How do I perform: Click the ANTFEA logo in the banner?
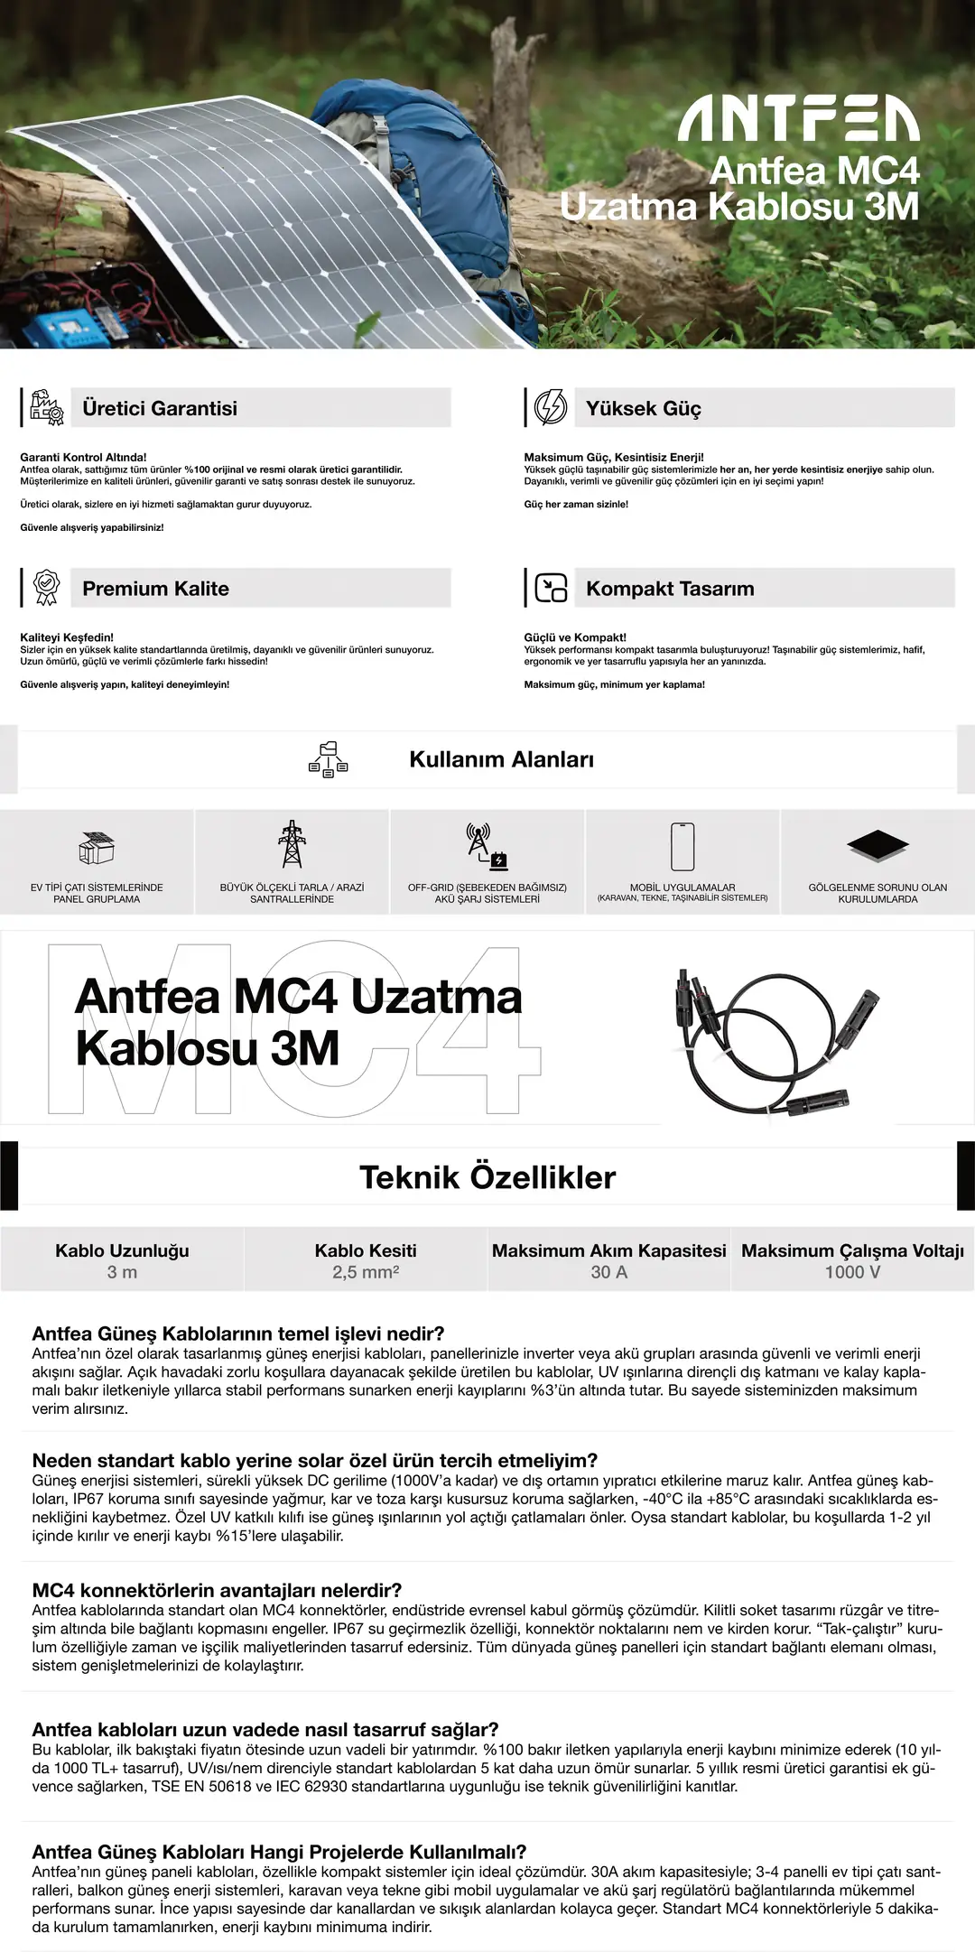(x=798, y=119)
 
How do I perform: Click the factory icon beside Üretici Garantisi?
(x=47, y=407)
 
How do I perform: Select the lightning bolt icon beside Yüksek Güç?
(x=551, y=407)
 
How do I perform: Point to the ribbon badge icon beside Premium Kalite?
(x=47, y=588)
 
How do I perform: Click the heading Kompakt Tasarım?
(x=670, y=589)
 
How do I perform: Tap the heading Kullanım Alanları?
(x=501, y=759)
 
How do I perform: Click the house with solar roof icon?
(x=97, y=847)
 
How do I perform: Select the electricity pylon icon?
(x=292, y=844)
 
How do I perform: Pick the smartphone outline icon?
(x=682, y=846)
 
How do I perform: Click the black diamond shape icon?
(x=877, y=845)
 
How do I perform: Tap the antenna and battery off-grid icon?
(x=487, y=846)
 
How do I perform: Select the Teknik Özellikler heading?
(x=487, y=1177)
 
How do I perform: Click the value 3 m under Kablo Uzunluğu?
(x=122, y=1272)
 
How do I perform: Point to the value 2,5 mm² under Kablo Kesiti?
(x=366, y=1272)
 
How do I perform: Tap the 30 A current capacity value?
(x=609, y=1272)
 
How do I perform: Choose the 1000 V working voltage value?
(x=852, y=1272)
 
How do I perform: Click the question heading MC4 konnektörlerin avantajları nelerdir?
(x=217, y=1590)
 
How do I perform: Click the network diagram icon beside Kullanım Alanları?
(x=328, y=760)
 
